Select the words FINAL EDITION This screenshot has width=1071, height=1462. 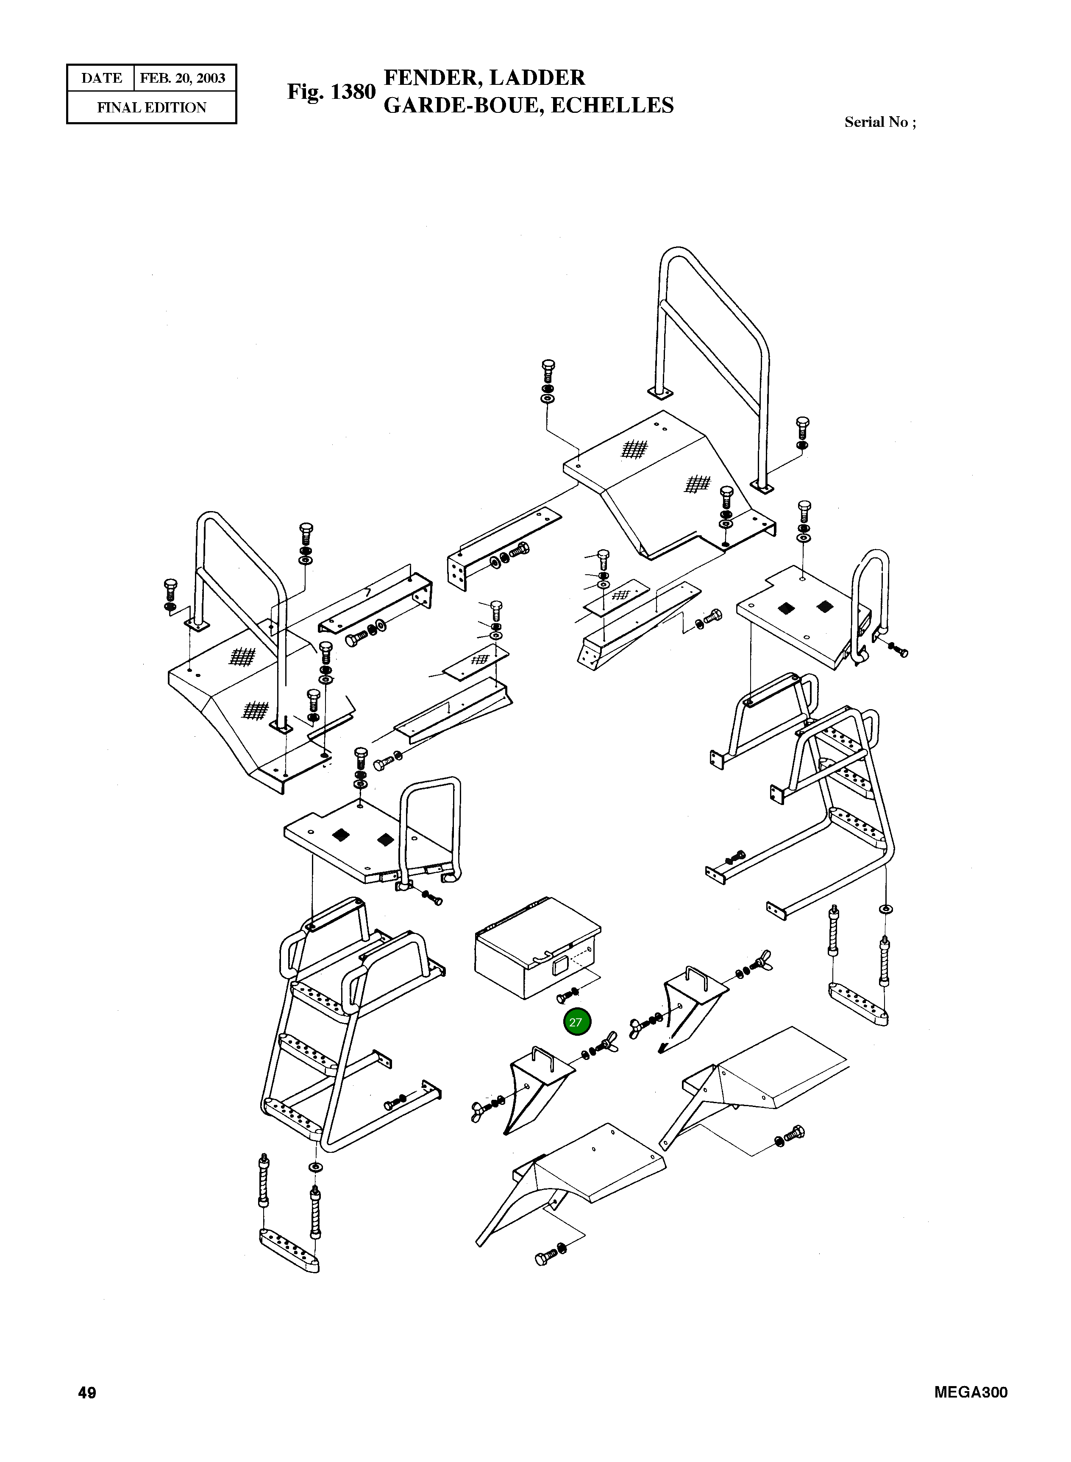[152, 108]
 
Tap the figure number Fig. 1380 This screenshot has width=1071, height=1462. [331, 92]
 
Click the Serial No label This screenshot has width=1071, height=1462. [880, 122]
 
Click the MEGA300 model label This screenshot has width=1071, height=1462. [971, 1392]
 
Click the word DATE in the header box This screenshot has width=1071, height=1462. [101, 78]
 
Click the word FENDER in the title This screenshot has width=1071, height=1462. [432, 78]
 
